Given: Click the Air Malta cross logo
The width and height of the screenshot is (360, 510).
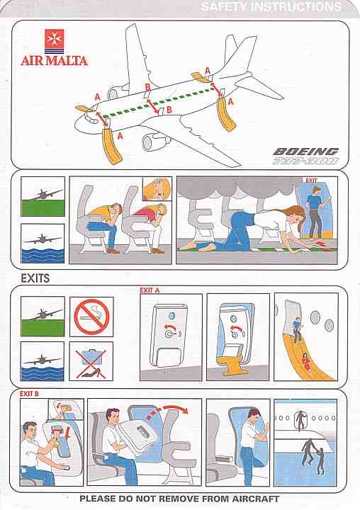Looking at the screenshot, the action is pos(55,40).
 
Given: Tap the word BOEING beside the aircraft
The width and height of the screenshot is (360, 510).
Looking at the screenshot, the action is pos(305,152).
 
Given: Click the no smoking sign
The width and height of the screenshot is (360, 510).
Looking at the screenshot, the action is pos(91,317).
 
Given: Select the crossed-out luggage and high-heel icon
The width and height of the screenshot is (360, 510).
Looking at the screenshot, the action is pos(91,361).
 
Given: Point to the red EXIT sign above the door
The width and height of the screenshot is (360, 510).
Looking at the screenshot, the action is pos(311,180).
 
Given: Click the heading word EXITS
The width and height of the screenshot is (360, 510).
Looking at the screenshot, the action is pos(35,278).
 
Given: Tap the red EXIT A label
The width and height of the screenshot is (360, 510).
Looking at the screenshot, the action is pos(150,290).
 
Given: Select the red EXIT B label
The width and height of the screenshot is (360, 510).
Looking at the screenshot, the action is pos(29,394).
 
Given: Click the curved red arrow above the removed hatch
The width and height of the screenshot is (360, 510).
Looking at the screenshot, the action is pos(168,412).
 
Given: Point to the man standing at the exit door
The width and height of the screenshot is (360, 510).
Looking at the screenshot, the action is pos(315,211).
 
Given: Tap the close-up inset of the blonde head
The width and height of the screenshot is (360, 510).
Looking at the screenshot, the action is pos(157,188).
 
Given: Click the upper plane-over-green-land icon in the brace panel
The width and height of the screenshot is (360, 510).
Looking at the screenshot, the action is pos(43,196).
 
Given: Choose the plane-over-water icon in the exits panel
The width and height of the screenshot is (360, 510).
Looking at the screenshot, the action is pos(43,361).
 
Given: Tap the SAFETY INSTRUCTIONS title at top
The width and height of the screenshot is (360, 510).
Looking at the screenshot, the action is pos(271,7).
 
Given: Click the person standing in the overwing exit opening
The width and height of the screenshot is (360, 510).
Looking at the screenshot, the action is pos(300,421).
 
